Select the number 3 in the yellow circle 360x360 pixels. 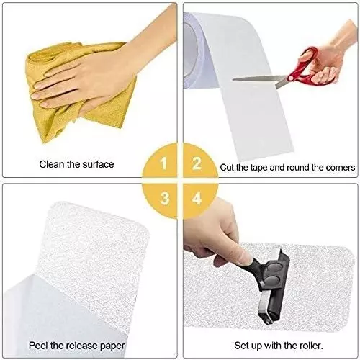click(x=164, y=196)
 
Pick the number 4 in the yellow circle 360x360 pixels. click(x=195, y=196)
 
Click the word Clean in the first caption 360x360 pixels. click(x=53, y=164)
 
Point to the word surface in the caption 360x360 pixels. click(x=98, y=164)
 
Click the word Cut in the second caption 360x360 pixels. click(x=229, y=167)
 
